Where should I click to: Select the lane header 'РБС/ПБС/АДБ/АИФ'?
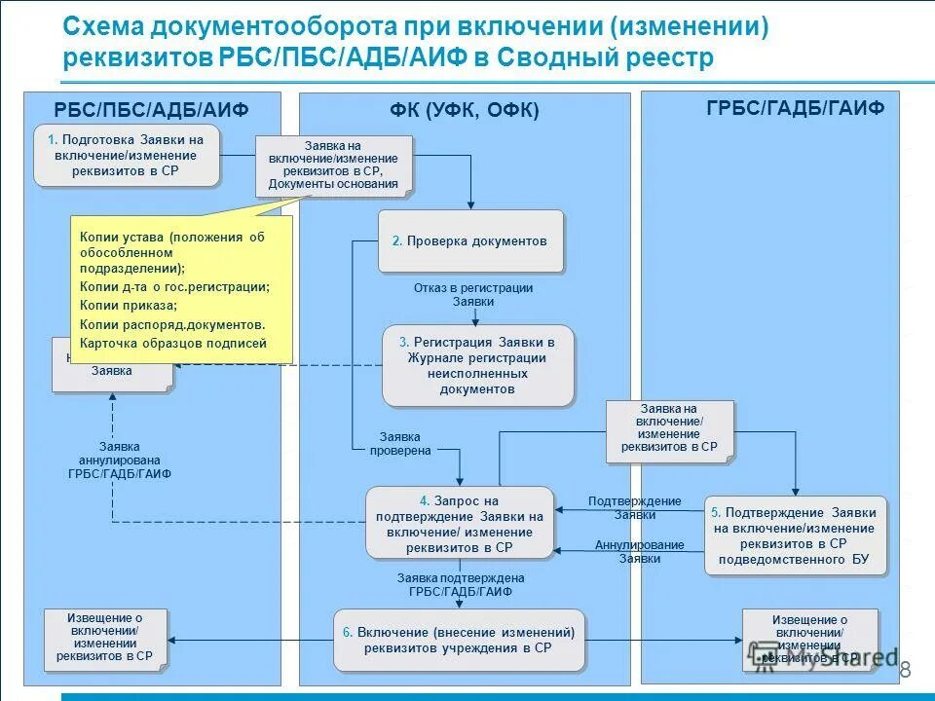click(151, 108)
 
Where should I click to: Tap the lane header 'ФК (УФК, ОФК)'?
click(465, 110)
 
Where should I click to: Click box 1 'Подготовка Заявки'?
click(127, 155)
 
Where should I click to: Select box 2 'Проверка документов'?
click(471, 240)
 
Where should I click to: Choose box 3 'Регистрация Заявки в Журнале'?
click(477, 365)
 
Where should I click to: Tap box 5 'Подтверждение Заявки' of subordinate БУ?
click(796, 535)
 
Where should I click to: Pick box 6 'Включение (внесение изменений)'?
click(460, 640)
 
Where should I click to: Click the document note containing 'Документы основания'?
click(333, 165)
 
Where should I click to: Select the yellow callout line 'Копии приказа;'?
click(123, 305)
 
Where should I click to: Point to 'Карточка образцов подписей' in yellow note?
click(173, 343)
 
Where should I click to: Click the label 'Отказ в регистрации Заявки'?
click(473, 295)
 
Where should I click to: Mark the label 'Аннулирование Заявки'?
click(639, 552)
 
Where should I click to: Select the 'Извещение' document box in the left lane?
click(105, 638)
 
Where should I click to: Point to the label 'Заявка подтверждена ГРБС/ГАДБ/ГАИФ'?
click(461, 584)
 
